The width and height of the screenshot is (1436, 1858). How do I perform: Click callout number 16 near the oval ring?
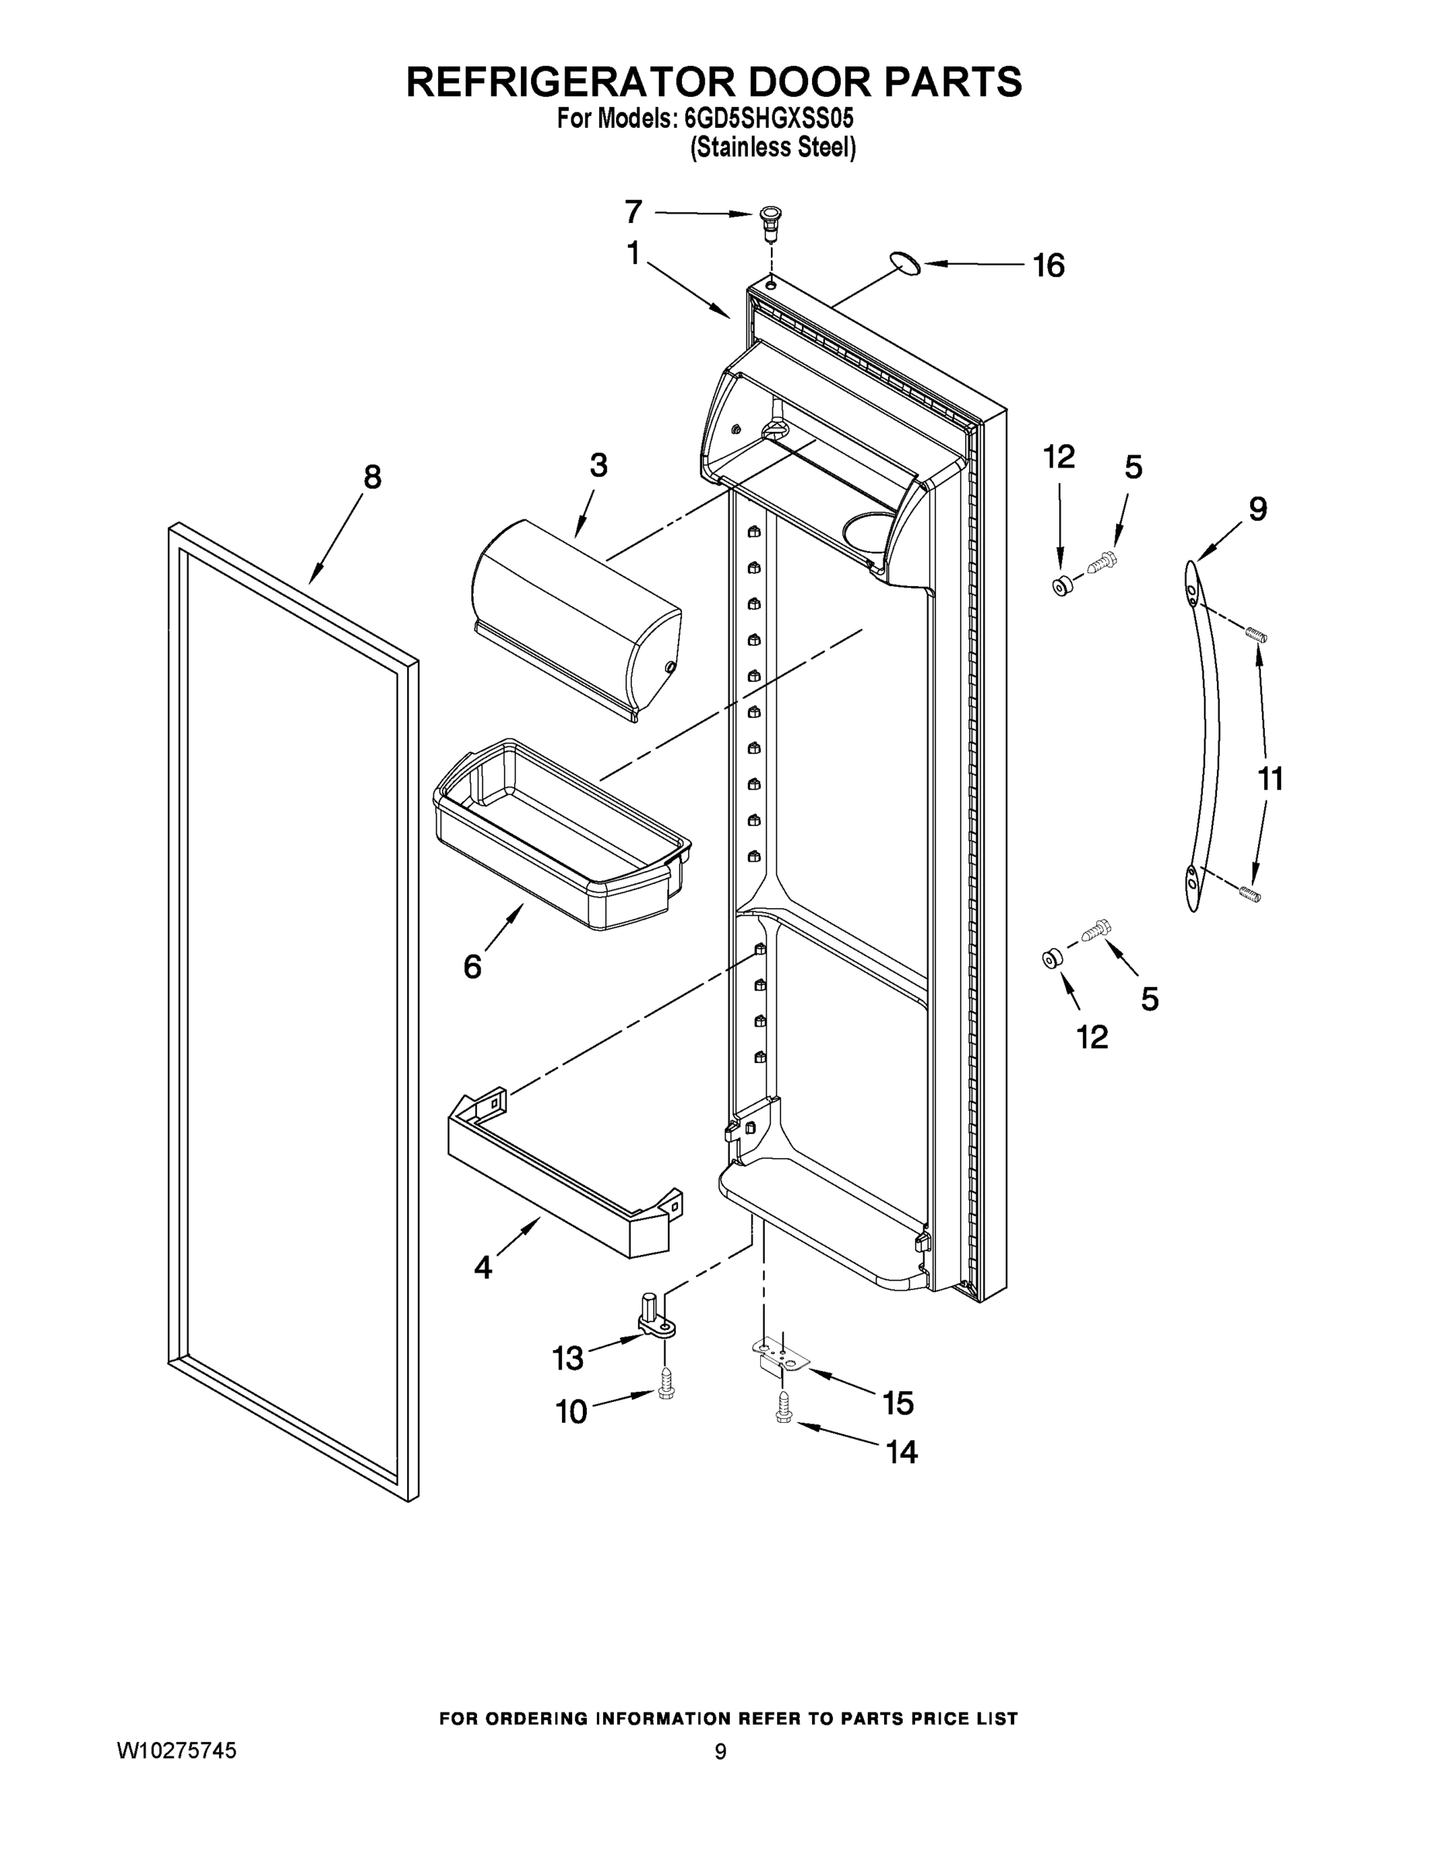click(1048, 266)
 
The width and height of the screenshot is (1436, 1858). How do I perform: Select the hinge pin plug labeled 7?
click(770, 220)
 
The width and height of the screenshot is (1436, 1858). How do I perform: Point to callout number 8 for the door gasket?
click(372, 477)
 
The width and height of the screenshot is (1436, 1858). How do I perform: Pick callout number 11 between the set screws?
click(1270, 778)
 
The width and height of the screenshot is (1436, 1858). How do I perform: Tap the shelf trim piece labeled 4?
click(561, 1178)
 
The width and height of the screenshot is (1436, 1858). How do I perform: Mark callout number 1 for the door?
click(633, 253)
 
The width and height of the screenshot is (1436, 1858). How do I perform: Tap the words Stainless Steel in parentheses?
click(773, 148)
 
